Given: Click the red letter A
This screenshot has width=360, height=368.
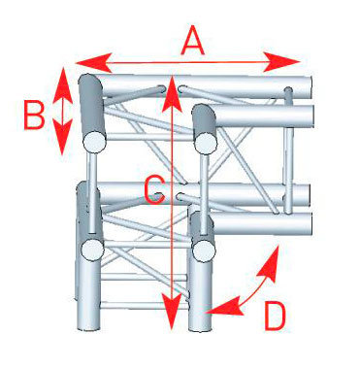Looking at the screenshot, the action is coord(193,41).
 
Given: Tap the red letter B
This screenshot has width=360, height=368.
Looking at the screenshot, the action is coord(34,115).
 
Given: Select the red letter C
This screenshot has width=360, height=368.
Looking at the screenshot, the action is coord(154,190).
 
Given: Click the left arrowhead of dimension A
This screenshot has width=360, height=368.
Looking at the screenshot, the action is coord(93,62).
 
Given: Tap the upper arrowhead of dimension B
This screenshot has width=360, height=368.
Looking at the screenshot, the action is coord(62,84).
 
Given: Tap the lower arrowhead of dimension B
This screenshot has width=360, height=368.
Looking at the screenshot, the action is coord(62,137).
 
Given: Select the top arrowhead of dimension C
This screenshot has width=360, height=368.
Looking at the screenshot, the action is coord(172,94).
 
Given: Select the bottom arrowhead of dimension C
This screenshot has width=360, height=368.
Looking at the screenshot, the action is coord(172,312).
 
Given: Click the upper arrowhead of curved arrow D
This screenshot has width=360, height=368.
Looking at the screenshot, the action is coord(270,263).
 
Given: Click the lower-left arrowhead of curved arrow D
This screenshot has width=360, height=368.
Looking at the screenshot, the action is coord(225,306).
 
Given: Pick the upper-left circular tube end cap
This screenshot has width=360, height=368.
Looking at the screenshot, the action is coord(94,142).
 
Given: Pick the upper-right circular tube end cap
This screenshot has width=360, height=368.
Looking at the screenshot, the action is coord(206,144).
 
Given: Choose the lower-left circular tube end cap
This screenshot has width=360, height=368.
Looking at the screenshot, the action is coord(92,250).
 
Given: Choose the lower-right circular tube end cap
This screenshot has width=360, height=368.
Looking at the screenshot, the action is coord(204,251).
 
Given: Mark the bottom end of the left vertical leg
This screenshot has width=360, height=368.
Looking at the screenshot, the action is coord(88,329).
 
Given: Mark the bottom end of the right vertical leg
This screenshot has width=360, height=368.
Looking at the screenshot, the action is coord(200,330).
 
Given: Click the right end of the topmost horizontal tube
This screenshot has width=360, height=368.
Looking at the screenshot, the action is coord(311,87).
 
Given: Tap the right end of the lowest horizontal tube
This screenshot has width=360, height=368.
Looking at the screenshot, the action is coord(311,224).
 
